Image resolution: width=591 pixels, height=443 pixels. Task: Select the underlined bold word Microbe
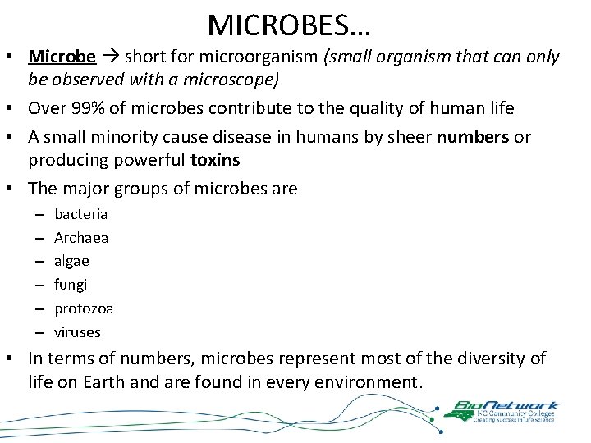tap(62, 57)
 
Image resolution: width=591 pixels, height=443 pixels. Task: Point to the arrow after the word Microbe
tap(110, 57)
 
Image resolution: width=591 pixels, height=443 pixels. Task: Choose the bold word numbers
tap(473, 136)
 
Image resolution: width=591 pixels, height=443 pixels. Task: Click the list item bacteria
tap(80, 214)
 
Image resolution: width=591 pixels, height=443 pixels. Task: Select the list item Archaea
tap(81, 238)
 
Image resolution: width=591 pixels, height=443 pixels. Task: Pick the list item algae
tap(71, 261)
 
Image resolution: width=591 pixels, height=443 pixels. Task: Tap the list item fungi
tap(71, 285)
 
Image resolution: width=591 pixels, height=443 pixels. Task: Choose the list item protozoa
tap(84, 308)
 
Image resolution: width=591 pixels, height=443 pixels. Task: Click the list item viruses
tap(77, 332)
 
